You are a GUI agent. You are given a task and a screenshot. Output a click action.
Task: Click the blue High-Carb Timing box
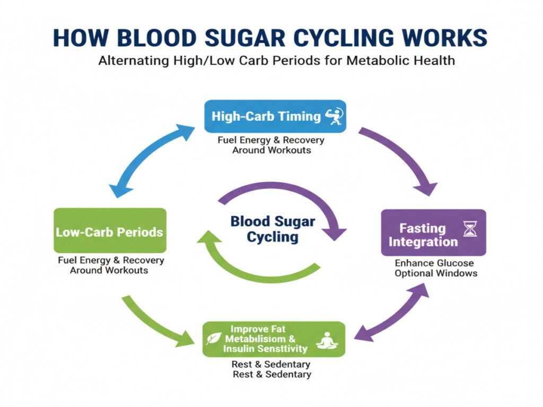click(x=275, y=116)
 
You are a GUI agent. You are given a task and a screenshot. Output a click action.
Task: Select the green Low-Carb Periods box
click(x=110, y=231)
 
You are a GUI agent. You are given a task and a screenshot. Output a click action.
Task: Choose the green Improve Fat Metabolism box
click(x=274, y=339)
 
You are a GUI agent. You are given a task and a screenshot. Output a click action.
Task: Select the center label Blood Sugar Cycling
click(x=273, y=228)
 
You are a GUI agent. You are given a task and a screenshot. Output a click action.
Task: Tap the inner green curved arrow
click(x=255, y=260)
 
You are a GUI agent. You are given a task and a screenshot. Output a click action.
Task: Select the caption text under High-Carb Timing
click(x=270, y=145)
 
